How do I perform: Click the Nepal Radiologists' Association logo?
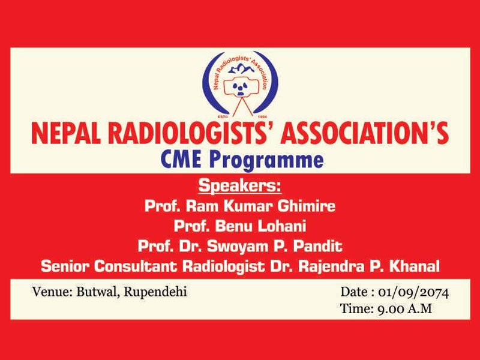tap(239, 85)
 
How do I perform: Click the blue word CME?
tap(180, 160)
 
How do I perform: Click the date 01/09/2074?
tap(413, 293)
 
